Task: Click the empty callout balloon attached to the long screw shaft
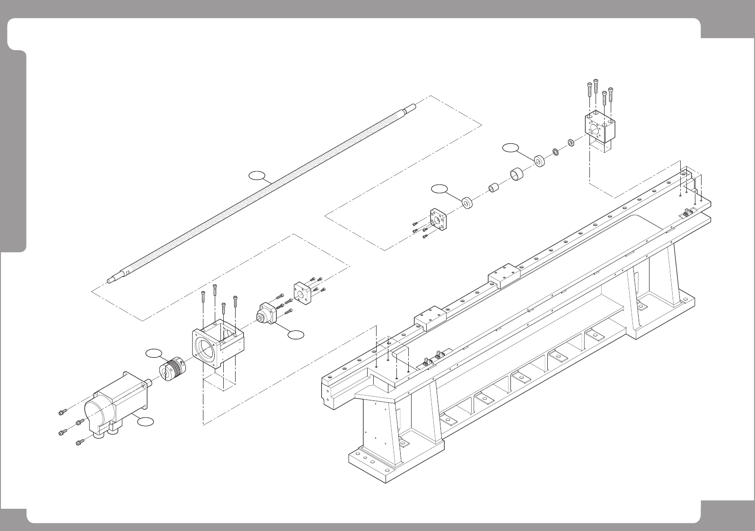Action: click(257, 176)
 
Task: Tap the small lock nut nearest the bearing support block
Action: click(571, 142)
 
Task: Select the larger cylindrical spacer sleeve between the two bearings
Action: click(517, 174)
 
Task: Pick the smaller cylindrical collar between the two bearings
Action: click(494, 188)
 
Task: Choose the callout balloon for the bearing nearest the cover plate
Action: click(439, 189)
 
